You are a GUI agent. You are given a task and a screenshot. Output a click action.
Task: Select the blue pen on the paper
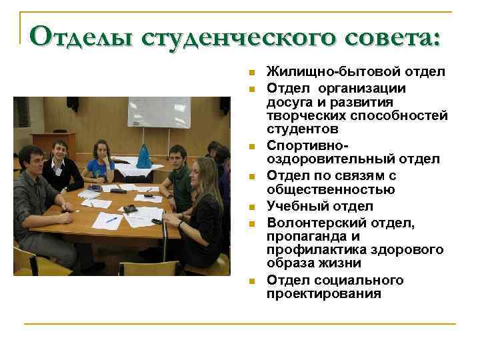tap(112, 219)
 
